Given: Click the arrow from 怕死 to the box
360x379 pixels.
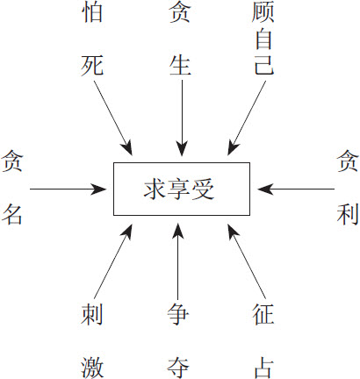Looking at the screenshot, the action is (x=113, y=118).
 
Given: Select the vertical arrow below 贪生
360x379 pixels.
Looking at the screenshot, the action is (x=182, y=118).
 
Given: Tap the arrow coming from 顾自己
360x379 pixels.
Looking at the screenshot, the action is (x=247, y=118).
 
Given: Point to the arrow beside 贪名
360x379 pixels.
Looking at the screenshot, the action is (x=68, y=189).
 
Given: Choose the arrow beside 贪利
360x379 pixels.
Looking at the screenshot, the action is (x=296, y=189).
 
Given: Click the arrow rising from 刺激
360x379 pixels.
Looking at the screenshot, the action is (x=113, y=261).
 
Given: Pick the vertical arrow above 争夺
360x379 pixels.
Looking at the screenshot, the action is (x=177, y=261).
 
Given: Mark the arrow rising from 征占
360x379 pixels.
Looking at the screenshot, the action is (x=247, y=261).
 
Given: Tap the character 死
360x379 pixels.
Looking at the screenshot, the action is (x=92, y=65).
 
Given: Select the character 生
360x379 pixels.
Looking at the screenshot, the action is (x=180, y=65).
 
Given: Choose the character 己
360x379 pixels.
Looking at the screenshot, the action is (x=263, y=65).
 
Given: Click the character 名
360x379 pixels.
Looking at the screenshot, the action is (x=12, y=214).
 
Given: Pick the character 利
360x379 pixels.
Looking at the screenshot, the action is (x=348, y=214).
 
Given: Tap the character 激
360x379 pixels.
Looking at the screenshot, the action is (x=92, y=368).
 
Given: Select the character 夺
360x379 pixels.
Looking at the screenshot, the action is (x=177, y=368).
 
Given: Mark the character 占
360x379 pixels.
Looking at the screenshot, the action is (x=263, y=368).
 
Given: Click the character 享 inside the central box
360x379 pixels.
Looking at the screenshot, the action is (x=179, y=189).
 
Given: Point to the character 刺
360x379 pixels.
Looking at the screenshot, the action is (x=92, y=314).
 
